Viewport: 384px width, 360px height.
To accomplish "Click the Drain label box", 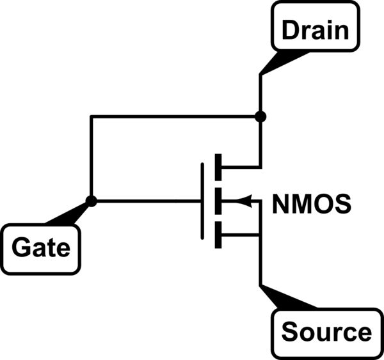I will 316,29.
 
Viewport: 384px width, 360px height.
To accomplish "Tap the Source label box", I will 326,333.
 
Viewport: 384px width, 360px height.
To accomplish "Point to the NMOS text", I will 312,205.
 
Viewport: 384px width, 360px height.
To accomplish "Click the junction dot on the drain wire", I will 260,117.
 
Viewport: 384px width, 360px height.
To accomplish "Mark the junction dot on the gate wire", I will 92,201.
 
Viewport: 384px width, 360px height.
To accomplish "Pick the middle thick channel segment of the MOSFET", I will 218,201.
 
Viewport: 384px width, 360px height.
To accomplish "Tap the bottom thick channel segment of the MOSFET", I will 218,235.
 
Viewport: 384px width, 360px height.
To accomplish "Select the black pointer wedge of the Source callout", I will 281,299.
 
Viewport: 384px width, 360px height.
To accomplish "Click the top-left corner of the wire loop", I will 92,117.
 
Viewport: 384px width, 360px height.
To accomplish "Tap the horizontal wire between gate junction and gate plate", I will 147,201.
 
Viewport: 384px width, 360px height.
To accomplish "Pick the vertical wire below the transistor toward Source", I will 260,262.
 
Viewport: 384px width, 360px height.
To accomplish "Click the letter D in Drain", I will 289,30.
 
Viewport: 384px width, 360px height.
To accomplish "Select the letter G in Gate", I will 21,247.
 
